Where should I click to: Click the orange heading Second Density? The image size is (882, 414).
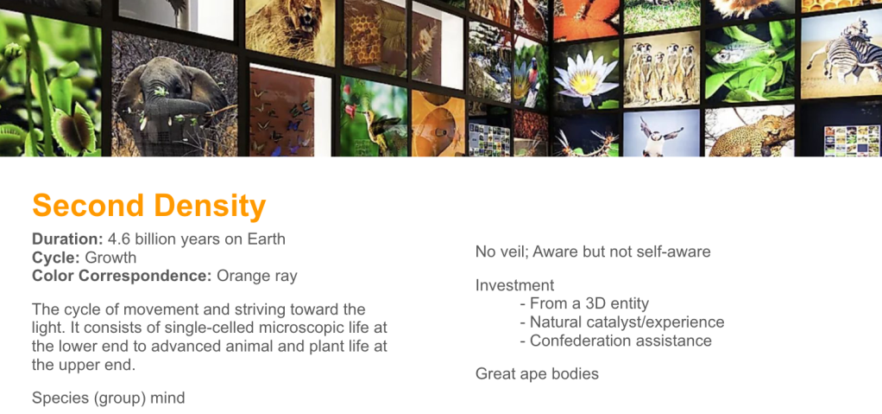(x=149, y=206)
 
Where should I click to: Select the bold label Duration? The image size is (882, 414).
(x=67, y=239)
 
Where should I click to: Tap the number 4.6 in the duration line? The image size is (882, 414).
(x=118, y=239)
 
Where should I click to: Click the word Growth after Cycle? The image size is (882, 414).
(x=110, y=258)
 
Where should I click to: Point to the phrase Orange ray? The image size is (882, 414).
(x=257, y=277)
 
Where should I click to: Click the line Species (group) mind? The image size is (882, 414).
(x=109, y=398)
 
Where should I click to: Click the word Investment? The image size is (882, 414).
(x=514, y=285)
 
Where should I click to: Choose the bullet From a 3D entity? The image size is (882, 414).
(x=584, y=303)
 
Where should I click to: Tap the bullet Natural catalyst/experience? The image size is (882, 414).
(x=622, y=322)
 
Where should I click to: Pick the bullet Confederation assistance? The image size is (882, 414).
(x=616, y=341)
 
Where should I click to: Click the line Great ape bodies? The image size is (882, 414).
(x=537, y=374)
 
